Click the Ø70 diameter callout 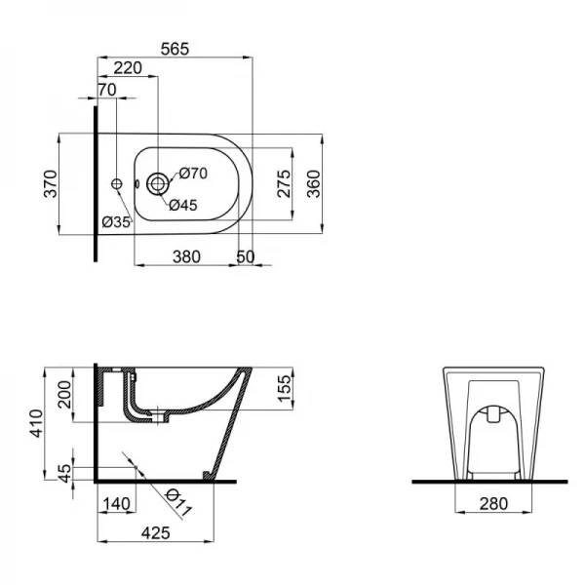(x=193, y=174)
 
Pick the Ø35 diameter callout (x=116, y=222)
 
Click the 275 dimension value (x=283, y=182)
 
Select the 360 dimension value (x=314, y=182)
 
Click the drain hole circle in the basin (x=156, y=182)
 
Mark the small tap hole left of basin (x=116, y=182)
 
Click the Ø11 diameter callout (x=177, y=504)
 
